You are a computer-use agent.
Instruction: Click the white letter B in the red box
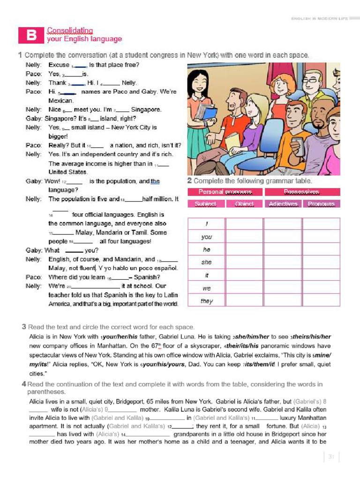click(x=31, y=36)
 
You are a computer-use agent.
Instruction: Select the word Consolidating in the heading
click(x=70, y=30)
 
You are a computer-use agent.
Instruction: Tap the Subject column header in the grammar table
click(x=205, y=204)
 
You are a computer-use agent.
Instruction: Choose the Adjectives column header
click(x=283, y=204)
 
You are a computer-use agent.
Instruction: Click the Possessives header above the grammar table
click(x=301, y=192)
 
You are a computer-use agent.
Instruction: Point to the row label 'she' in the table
click(x=206, y=262)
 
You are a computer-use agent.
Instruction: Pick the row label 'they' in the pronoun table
click(x=206, y=301)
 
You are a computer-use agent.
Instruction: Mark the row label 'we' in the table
click(x=206, y=288)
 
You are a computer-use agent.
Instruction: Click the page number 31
click(x=331, y=457)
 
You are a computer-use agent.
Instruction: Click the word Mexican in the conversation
click(x=61, y=101)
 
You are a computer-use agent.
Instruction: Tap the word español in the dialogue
click(x=166, y=268)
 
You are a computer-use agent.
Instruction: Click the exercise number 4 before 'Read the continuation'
click(x=23, y=384)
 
